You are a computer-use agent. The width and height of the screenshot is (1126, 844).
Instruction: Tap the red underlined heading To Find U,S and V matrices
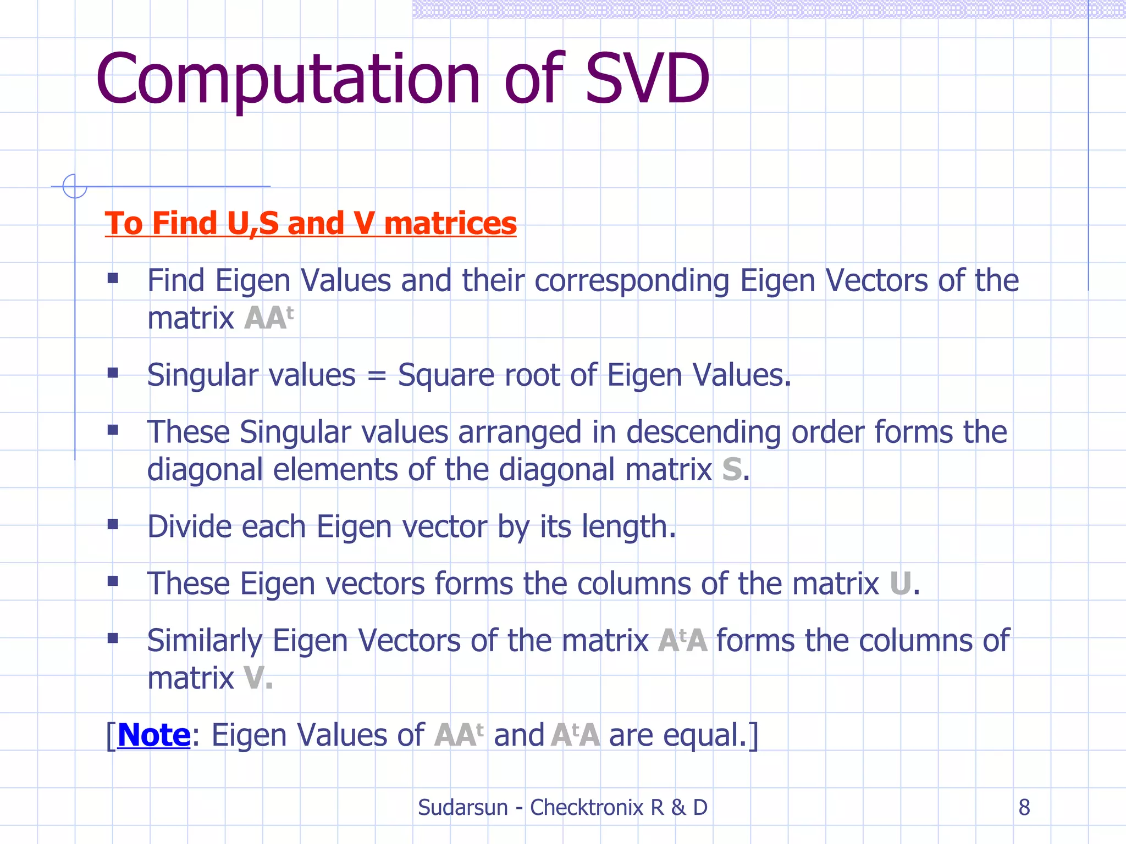pos(311,223)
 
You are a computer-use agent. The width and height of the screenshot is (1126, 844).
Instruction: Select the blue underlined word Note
pos(154,735)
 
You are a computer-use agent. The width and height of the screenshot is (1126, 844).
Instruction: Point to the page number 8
pos(1024,807)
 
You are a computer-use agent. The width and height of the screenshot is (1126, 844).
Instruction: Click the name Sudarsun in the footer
pos(462,807)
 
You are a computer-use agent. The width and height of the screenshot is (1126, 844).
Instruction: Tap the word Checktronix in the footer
pos(586,807)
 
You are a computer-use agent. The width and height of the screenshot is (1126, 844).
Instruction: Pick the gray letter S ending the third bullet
pos(732,470)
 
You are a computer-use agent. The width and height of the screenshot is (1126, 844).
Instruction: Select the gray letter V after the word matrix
pos(253,678)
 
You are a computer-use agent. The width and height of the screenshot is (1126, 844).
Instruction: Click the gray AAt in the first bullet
pos(268,318)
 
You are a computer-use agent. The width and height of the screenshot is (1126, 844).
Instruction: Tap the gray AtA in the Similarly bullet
pos(682,641)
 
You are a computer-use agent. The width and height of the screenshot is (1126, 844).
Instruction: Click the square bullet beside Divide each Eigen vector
pos(113,525)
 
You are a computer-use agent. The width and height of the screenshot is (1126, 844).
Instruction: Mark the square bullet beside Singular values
pos(113,374)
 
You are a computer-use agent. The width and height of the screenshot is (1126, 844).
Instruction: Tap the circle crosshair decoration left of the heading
pos(74,186)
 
